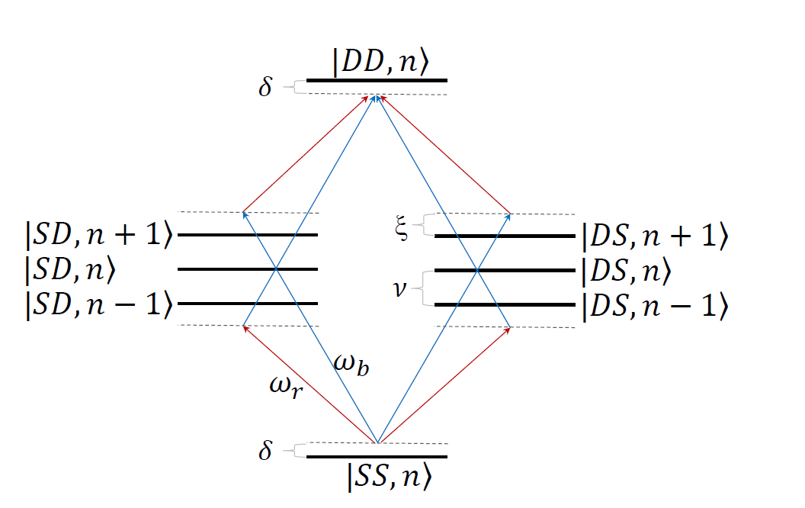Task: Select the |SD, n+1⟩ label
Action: pos(95,235)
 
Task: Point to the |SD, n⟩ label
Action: pos(72,268)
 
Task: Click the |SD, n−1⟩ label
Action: pos(95,304)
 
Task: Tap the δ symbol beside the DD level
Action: pos(265,88)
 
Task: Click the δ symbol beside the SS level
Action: pos(265,452)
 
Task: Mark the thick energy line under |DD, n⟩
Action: pos(377,80)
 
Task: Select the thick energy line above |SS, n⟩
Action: pos(377,457)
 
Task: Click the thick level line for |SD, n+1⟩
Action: pos(248,235)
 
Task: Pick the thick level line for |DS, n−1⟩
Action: pos(504,304)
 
